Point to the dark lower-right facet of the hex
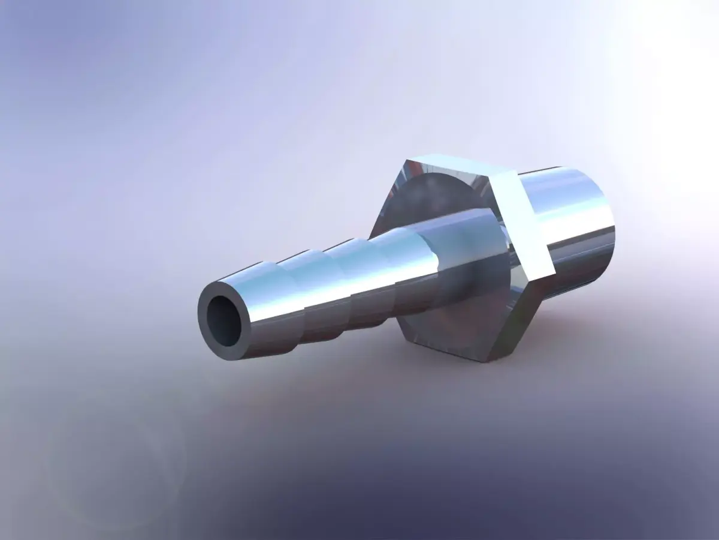pyautogui.click(x=515, y=318)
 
